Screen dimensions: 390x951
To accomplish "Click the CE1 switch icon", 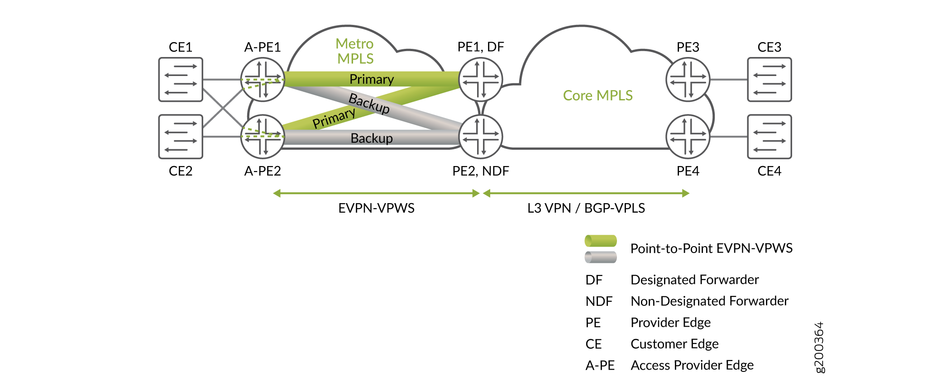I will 181,80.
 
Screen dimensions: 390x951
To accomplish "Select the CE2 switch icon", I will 181,137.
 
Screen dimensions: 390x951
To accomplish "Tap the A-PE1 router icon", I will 263,80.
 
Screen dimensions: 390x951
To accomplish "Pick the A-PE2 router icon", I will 263,137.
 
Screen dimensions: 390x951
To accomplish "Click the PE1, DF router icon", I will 481,80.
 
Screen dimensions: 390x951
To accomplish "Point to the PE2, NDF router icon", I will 481,137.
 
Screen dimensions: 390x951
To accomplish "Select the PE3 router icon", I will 688,80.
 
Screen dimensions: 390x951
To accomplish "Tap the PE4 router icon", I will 688,137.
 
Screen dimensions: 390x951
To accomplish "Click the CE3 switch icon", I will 769,80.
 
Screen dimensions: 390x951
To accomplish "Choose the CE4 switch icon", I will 769,137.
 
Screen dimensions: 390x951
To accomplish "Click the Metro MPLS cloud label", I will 355,51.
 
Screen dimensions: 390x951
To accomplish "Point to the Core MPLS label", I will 597,95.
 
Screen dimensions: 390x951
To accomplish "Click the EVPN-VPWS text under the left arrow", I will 376,208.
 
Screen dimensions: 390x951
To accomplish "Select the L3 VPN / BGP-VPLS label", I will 586,208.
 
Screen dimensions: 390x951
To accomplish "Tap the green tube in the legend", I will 601,241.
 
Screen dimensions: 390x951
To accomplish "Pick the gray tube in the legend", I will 601,257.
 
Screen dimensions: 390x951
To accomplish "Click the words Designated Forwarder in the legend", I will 694,280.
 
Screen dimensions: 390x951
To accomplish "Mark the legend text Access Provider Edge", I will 692,365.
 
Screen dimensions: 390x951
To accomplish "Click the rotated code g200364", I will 819,347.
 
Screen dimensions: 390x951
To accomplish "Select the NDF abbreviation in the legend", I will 599,301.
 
